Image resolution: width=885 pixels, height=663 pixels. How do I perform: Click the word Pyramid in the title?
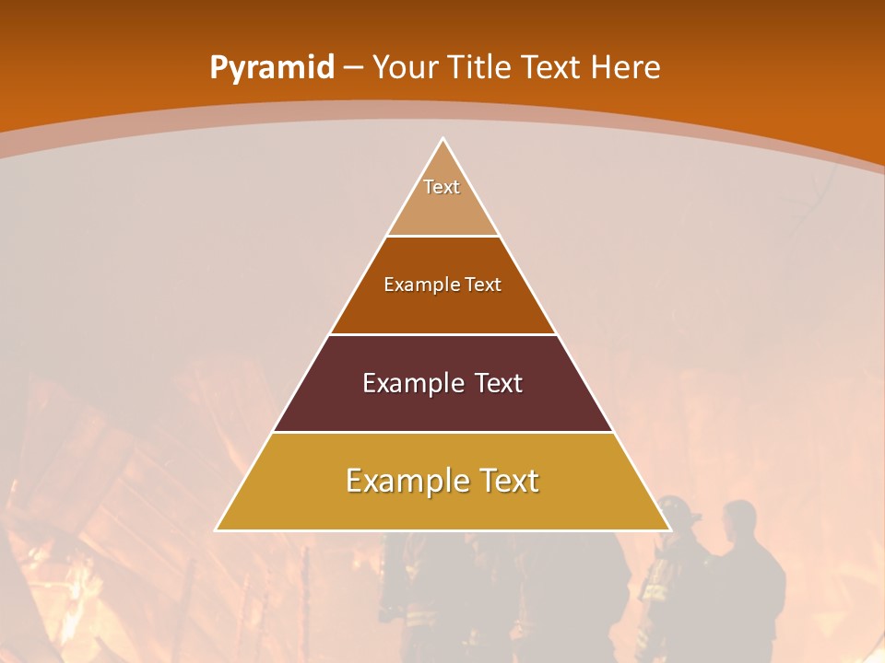pyautogui.click(x=271, y=67)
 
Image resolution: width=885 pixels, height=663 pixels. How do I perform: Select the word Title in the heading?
pyautogui.click(x=483, y=67)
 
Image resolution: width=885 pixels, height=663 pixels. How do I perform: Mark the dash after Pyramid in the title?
pyautogui.click(x=353, y=68)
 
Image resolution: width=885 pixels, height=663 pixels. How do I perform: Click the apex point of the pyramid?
pyautogui.click(x=442, y=139)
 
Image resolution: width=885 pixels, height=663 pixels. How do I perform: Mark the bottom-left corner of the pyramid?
pyautogui.click(x=217, y=529)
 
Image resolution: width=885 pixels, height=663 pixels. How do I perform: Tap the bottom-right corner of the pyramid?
pyautogui.click(x=669, y=529)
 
